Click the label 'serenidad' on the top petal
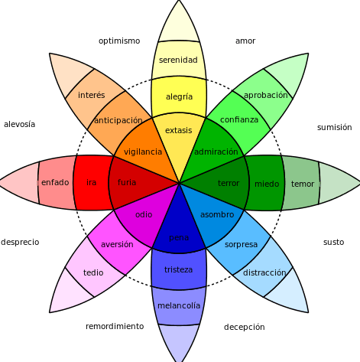pos(178,60)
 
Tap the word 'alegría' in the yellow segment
pos(179,97)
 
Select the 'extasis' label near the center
pos(179,130)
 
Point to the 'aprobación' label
pos(265,96)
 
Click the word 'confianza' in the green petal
pos(239,120)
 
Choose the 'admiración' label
pos(216,152)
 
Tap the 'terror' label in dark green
pos(229,183)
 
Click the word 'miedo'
pos(267,184)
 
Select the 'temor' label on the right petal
pos(303,184)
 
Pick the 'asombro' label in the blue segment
pos(217,215)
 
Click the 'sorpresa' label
pos(242,245)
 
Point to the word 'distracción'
pos(264,272)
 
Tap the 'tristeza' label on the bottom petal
pos(179,269)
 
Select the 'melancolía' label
pos(179,305)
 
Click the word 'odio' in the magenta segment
pos(144,214)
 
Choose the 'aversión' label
pos(117,244)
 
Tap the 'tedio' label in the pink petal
pos(93,272)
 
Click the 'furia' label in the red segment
pos(127,182)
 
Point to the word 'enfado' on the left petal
pos(55,182)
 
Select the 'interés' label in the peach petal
pos(92,95)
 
